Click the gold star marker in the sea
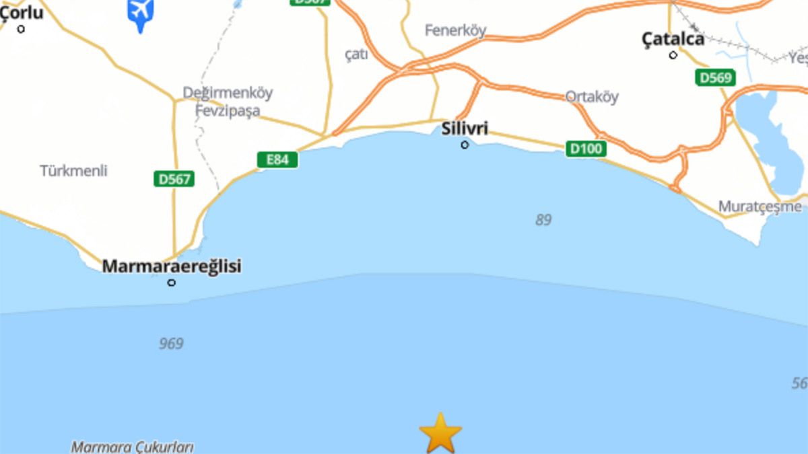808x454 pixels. click(x=440, y=433)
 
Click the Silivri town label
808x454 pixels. click(x=465, y=128)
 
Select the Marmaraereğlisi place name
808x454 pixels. click(x=171, y=266)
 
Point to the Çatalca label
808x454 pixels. click(x=673, y=39)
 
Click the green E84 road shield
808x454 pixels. click(x=277, y=159)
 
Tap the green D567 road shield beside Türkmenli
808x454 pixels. click(x=174, y=179)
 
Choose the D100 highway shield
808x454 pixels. click(x=585, y=149)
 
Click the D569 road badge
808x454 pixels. click(x=715, y=77)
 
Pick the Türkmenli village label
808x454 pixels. click(x=73, y=171)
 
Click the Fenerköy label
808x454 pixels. click(x=455, y=30)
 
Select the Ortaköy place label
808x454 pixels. click(x=591, y=97)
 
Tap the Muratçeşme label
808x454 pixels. click(x=760, y=206)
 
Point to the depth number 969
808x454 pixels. click(x=171, y=344)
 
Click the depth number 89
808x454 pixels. click(x=543, y=220)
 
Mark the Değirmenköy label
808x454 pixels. click(x=228, y=93)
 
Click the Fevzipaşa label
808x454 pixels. click(x=228, y=111)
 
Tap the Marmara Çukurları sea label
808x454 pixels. click(x=133, y=447)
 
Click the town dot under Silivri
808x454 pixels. click(x=465, y=145)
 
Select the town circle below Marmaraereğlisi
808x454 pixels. click(x=172, y=282)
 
